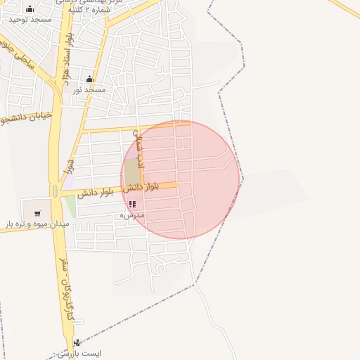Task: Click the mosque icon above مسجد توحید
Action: tap(30, 9)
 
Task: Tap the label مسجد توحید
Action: tap(30, 20)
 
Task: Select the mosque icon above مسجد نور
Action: tap(89, 79)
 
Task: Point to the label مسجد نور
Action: tap(89, 91)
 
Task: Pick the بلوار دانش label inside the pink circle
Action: tap(141, 187)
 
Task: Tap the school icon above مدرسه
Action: tap(132, 204)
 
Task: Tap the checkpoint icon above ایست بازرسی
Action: tap(77, 342)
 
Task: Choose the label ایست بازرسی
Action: tap(78, 353)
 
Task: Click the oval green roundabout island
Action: tap(55, 191)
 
